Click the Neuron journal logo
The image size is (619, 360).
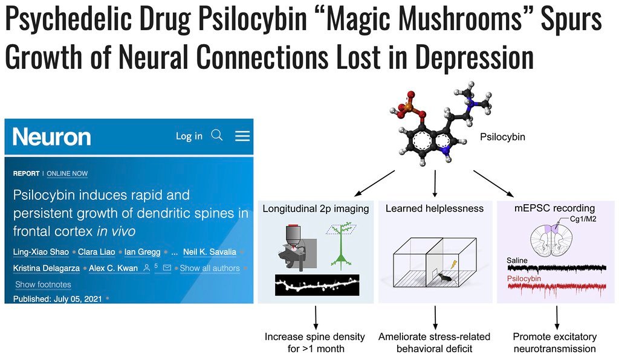[x=52, y=137]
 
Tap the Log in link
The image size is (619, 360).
[x=189, y=136]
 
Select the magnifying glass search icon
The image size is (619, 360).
[x=217, y=135]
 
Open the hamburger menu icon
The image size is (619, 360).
[x=242, y=136]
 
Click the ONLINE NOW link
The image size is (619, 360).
[x=67, y=173]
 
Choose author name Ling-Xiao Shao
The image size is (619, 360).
[x=41, y=252]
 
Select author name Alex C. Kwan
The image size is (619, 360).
[x=113, y=268]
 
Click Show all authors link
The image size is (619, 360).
[x=210, y=268]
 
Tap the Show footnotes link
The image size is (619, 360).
[x=43, y=284]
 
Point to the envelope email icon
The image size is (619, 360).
[x=167, y=268]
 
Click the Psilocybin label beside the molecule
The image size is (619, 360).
[x=502, y=137]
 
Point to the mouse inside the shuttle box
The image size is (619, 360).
[x=444, y=277]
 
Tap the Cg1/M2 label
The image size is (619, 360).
[x=583, y=219]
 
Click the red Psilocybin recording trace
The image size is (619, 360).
[x=557, y=288]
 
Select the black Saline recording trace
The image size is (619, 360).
[x=557, y=269]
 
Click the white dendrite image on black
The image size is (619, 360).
[x=317, y=284]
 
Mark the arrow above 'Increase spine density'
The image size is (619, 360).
[x=316, y=317]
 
